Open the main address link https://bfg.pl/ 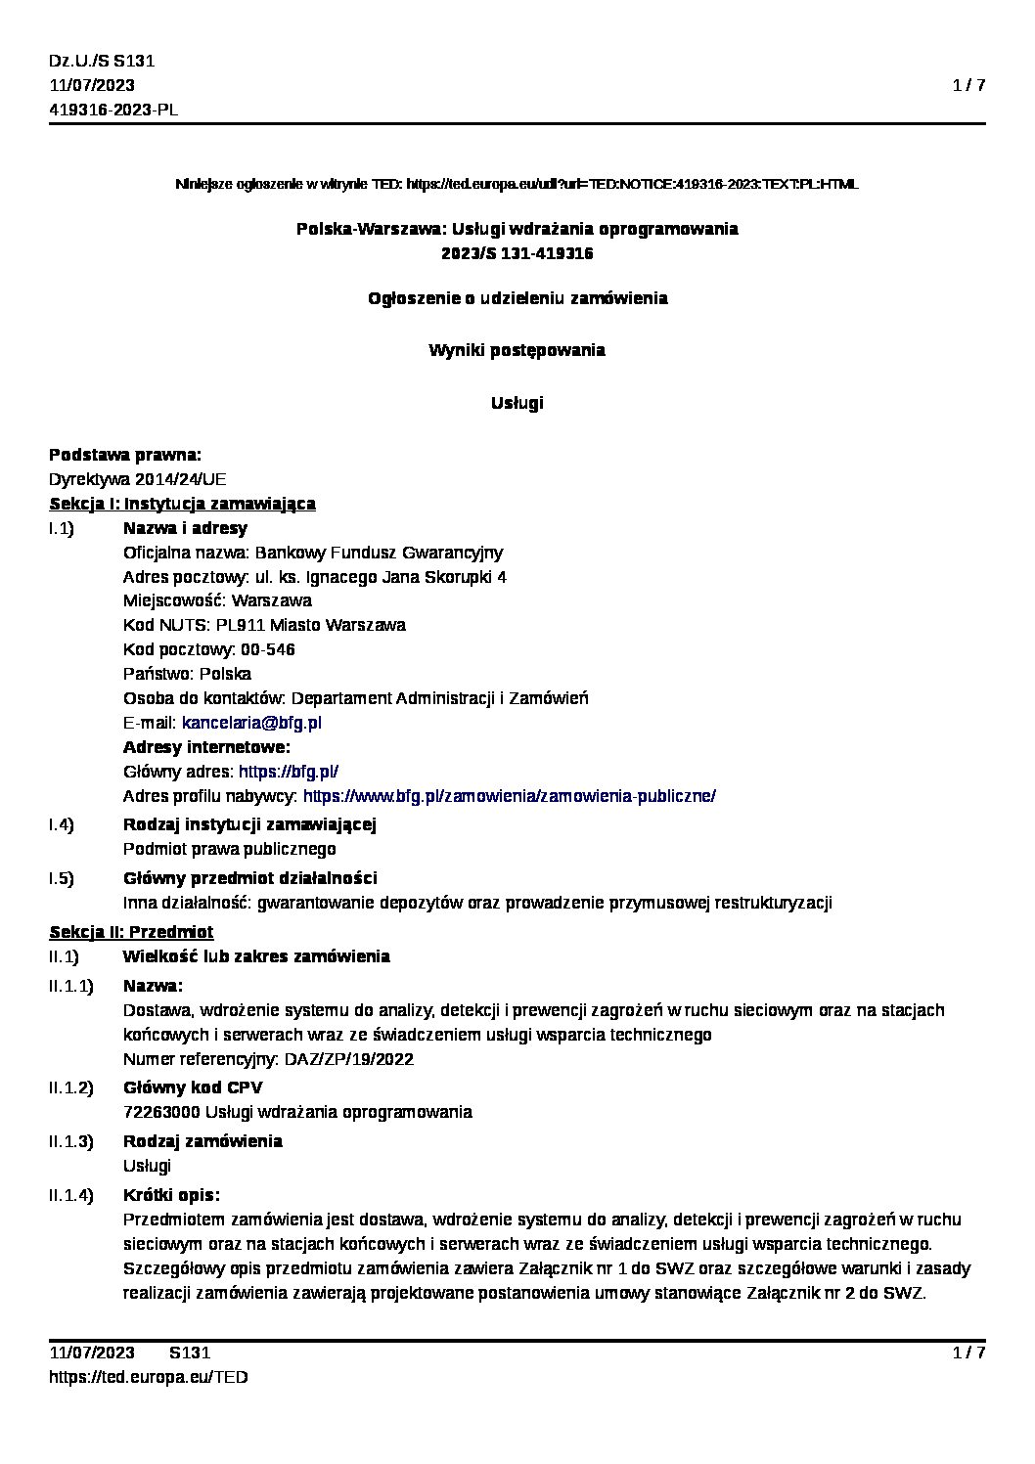tap(289, 772)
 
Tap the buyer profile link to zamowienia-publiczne tap(510, 796)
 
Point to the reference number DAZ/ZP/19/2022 tap(348, 1059)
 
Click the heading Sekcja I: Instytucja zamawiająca tap(182, 504)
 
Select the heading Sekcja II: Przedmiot tap(131, 932)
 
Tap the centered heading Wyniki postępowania tap(517, 350)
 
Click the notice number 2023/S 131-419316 tap(517, 253)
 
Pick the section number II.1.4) tap(71, 1195)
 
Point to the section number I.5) tap(62, 878)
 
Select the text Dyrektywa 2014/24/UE tap(137, 479)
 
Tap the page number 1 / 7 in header tap(968, 85)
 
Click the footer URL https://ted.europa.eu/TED tap(148, 1377)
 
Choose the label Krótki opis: tap(171, 1195)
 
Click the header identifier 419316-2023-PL tap(113, 110)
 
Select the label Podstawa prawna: tap(125, 455)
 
